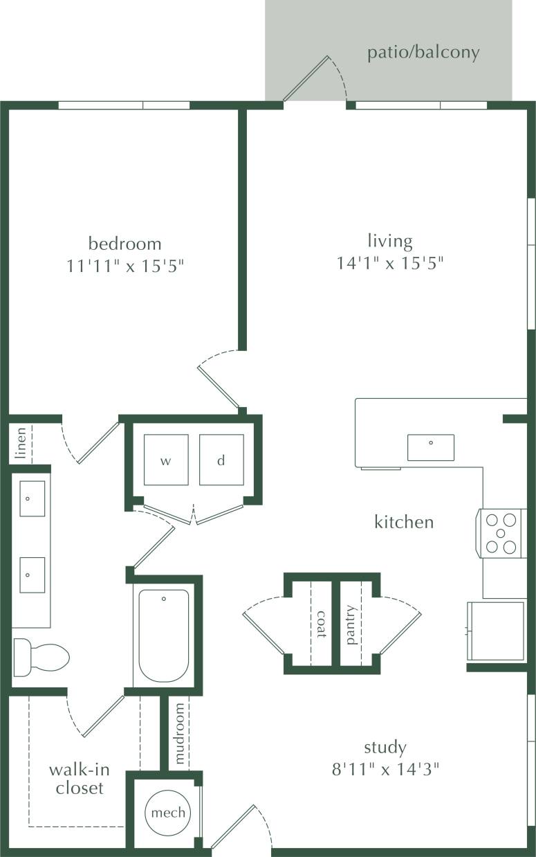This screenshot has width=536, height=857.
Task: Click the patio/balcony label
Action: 423,53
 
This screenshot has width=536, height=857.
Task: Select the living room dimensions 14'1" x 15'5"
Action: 389,263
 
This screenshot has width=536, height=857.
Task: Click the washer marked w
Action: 166,460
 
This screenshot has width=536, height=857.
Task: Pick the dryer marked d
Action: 221,460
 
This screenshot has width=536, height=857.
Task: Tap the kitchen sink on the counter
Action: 430,447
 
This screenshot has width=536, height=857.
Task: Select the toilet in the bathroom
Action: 40,656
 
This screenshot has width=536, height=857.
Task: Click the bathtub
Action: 164,635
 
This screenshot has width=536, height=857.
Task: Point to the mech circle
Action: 168,812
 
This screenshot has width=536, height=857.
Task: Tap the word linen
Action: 21,444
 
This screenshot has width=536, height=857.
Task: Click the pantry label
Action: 351,624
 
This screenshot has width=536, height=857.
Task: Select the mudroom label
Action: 180,734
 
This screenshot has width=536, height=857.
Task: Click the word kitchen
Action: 404,522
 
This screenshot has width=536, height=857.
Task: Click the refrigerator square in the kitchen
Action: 497,631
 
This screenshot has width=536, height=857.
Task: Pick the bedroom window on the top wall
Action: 124,105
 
